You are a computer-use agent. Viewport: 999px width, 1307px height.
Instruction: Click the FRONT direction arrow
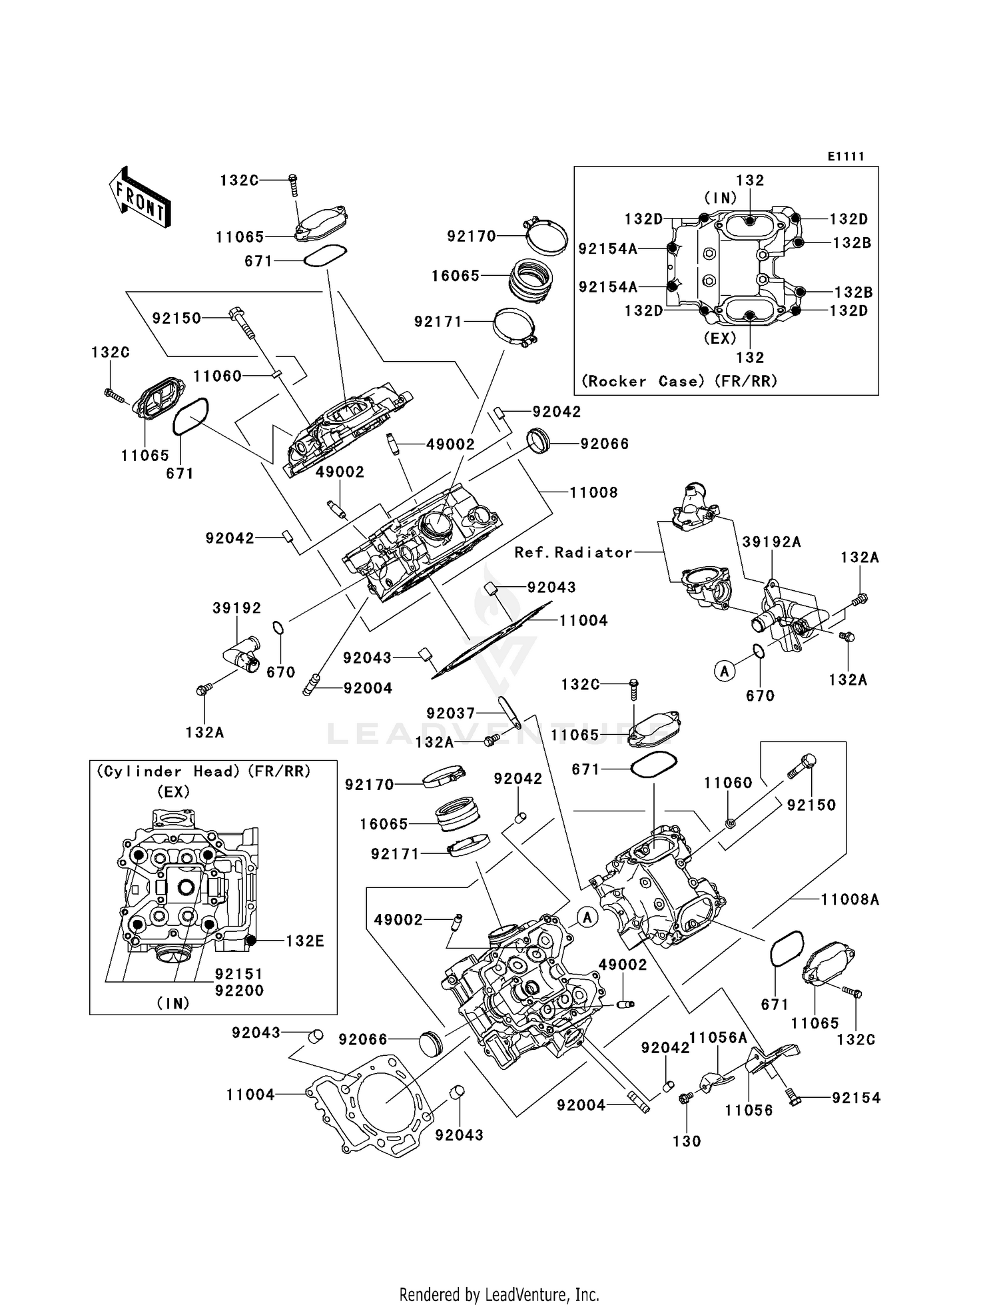(x=139, y=199)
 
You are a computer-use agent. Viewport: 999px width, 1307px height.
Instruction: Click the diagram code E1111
(x=846, y=157)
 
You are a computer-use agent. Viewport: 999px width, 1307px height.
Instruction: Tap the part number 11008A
(x=849, y=900)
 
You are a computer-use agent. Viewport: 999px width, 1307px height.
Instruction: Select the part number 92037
(x=451, y=713)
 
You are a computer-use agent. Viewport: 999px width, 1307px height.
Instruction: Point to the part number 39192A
(x=771, y=542)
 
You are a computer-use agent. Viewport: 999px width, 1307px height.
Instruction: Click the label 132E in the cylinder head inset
(x=304, y=941)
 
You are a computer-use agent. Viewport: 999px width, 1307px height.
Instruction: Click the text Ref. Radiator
(x=573, y=552)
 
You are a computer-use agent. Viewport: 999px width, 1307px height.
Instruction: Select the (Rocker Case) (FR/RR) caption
(x=679, y=381)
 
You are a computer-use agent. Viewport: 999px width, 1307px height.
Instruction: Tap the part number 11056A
(x=717, y=1038)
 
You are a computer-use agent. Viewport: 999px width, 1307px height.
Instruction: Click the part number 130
(x=687, y=1141)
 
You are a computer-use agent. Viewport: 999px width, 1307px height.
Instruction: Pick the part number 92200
(x=239, y=991)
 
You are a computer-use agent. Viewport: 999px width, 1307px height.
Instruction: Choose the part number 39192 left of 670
(x=237, y=608)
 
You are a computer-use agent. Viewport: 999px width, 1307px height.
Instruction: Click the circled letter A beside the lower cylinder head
(x=587, y=918)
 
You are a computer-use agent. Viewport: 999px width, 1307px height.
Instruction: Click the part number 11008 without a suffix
(x=593, y=493)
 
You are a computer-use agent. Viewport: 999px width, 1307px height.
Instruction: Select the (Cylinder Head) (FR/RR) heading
(x=204, y=771)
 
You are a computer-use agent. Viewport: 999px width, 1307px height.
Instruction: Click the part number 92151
(x=239, y=974)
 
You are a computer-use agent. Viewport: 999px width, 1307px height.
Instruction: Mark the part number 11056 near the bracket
(x=749, y=1110)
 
